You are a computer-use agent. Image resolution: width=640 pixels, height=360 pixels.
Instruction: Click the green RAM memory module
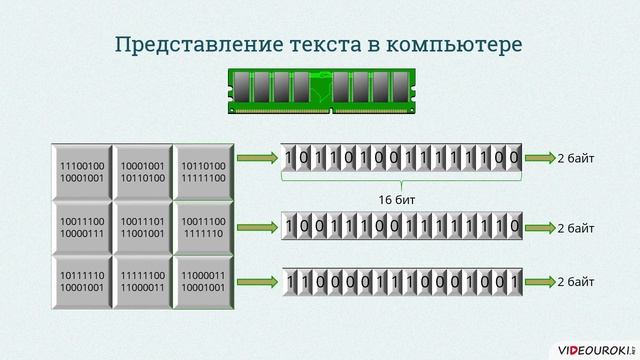coord(320,88)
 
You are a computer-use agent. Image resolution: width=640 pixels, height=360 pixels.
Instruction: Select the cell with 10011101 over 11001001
coord(142,225)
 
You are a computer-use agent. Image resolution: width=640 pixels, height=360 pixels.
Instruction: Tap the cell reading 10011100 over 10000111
coord(82,225)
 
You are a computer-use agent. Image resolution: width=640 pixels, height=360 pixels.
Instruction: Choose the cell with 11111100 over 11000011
coord(142,281)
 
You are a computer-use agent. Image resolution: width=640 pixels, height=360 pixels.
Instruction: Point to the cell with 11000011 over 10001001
coord(203,281)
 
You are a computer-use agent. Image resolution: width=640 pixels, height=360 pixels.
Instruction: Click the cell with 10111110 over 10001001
coord(82,281)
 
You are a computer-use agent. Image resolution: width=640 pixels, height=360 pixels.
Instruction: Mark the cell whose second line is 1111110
coord(203,225)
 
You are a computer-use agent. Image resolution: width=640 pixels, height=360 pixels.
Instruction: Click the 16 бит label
coord(399,200)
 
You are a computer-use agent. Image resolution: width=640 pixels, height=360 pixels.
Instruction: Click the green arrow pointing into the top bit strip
coord(257,158)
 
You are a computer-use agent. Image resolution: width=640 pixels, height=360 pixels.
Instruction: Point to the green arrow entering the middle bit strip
coord(257,226)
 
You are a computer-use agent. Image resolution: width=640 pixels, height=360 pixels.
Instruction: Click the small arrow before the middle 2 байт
coord(539,226)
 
